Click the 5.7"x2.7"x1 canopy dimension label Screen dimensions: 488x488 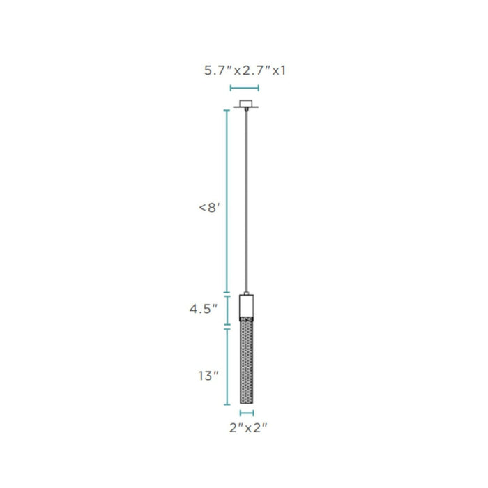tap(245, 70)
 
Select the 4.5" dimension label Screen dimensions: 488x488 tap(204, 309)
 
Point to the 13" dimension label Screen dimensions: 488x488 tap(208, 376)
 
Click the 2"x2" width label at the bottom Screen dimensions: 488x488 tap(248, 428)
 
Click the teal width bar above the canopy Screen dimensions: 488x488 tap(244, 88)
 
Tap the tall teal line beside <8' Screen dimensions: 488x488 tap(227, 201)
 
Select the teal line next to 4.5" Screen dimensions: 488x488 tap(227, 310)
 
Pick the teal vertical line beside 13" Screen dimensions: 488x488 tap(227, 367)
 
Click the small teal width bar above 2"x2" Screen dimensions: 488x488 tap(247, 413)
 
